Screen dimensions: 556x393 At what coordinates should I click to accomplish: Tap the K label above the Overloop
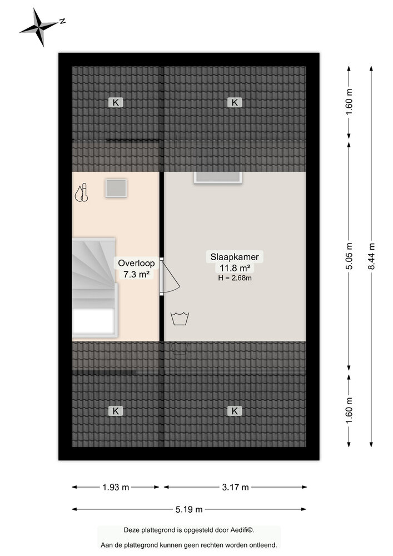point(116,102)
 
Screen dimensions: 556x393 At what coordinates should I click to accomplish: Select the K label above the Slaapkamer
point(235,102)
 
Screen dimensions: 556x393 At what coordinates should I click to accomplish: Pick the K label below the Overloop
point(116,411)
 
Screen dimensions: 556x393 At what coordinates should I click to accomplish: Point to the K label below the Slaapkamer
point(235,411)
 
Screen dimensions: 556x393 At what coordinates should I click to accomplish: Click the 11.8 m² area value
point(234,268)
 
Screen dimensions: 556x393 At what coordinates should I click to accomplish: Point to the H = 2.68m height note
point(234,278)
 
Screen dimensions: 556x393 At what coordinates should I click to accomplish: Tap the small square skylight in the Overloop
point(116,188)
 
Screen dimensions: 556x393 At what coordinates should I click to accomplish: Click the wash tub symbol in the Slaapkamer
point(180,319)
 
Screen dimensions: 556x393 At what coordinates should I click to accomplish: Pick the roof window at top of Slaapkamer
point(217,177)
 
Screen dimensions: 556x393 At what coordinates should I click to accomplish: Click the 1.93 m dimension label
point(116,487)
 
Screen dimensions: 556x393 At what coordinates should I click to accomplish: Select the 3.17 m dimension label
point(234,487)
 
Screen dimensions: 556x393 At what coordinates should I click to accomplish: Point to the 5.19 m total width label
point(188,509)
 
